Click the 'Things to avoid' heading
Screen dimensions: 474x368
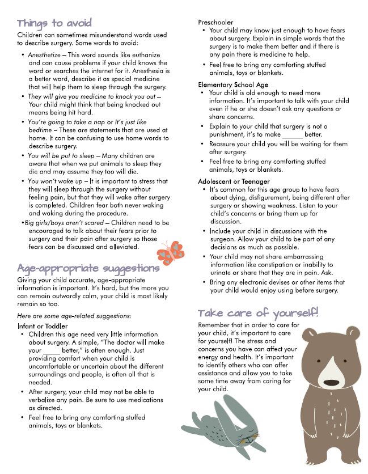point(54,23)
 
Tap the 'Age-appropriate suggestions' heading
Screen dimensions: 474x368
point(88,268)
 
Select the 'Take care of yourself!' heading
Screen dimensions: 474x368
point(258,313)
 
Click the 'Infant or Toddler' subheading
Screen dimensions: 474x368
point(43,327)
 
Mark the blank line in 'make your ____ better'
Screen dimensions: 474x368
point(52,351)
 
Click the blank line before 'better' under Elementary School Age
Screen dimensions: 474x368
point(293,134)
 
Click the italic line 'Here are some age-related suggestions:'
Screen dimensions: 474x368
point(74,315)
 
